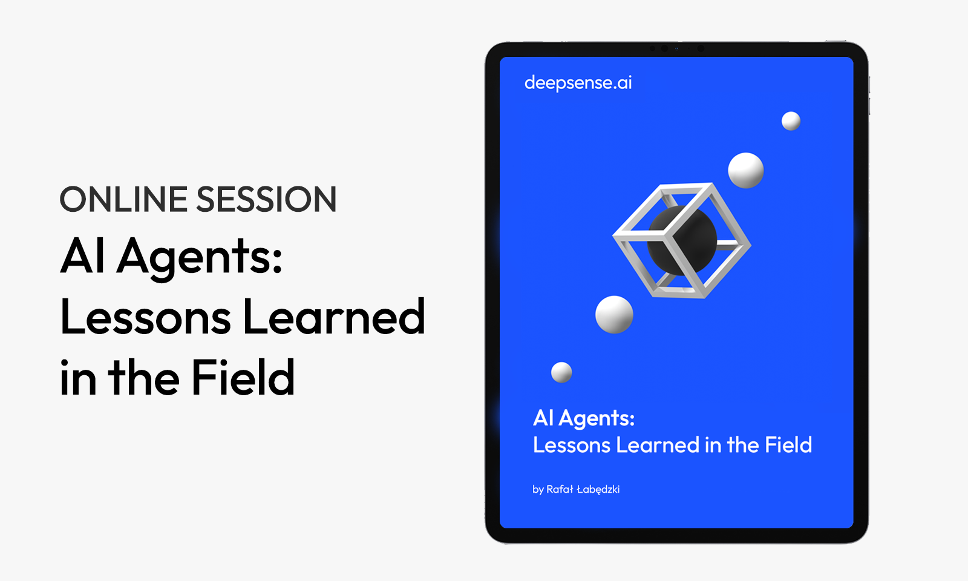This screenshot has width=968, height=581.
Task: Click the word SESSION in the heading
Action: (267, 199)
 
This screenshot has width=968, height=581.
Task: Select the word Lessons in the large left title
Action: (146, 317)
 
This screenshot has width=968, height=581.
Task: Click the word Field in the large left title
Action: (243, 376)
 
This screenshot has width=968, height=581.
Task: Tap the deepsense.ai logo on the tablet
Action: (578, 82)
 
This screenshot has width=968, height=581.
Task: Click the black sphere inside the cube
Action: (681, 240)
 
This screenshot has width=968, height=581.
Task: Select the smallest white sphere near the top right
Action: (791, 121)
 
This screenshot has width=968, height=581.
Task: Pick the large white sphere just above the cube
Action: (746, 170)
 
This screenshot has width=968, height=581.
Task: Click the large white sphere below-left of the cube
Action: (614, 314)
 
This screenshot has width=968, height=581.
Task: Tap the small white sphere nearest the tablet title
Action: (561, 372)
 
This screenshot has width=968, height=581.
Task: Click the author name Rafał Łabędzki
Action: (583, 490)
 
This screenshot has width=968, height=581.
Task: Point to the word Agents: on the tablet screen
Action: (597, 419)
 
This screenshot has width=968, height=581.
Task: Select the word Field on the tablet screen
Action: (788, 445)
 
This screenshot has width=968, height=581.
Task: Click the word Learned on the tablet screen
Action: (658, 445)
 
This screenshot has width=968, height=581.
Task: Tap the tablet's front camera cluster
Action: (677, 49)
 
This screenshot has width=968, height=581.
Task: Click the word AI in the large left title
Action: (82, 255)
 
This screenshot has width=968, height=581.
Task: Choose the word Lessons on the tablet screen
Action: (571, 445)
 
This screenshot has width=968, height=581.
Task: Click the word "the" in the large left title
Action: (143, 376)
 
